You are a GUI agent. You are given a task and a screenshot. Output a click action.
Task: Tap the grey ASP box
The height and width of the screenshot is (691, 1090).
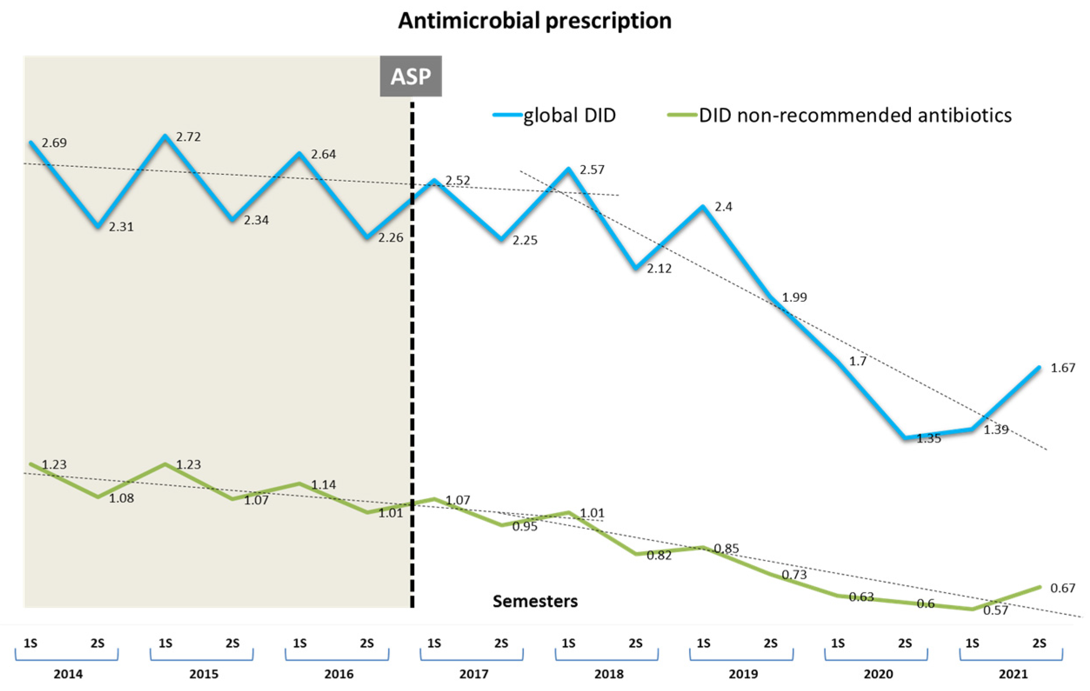click(x=410, y=76)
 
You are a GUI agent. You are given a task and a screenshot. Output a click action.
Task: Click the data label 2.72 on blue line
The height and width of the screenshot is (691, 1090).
click(x=188, y=136)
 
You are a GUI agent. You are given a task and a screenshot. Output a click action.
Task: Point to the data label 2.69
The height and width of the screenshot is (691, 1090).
click(x=54, y=143)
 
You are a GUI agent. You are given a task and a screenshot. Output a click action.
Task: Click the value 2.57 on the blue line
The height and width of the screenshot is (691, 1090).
click(x=592, y=169)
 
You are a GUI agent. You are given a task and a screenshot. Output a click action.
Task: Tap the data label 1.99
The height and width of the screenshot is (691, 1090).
click(x=794, y=297)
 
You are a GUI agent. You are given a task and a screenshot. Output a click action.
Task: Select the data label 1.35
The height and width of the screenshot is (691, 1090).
click(x=928, y=438)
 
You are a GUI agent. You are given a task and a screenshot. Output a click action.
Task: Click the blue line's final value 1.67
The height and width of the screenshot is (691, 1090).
click(x=1062, y=368)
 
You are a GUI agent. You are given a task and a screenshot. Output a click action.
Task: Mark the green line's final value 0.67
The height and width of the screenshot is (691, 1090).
click(x=1062, y=588)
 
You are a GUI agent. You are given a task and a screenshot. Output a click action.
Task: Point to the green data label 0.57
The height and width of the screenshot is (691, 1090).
click(x=995, y=611)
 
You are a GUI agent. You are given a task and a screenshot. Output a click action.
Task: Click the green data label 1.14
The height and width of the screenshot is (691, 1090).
click(x=323, y=485)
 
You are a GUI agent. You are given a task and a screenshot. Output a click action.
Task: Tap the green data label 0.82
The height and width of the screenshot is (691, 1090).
click(x=659, y=555)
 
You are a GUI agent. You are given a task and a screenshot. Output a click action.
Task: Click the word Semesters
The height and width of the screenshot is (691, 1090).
click(x=535, y=601)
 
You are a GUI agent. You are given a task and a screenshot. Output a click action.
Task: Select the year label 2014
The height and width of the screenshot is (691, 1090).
click(x=68, y=674)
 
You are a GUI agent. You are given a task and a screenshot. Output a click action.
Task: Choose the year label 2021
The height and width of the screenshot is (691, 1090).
click(x=1013, y=674)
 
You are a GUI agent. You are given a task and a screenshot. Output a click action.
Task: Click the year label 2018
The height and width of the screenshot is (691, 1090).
click(x=609, y=674)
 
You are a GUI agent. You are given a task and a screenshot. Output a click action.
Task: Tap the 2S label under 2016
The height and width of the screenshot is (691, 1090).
click(x=367, y=643)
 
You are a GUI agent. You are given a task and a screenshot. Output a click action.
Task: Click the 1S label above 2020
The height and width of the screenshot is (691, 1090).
click(x=838, y=643)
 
